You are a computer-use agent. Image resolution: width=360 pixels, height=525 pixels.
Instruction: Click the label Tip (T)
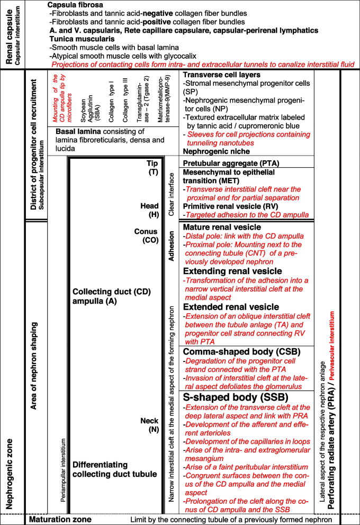pos(153,167)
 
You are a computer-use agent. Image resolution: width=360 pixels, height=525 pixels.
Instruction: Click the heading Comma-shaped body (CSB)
pos(235,352)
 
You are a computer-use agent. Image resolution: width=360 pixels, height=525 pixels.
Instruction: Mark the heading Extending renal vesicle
pos(232,271)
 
